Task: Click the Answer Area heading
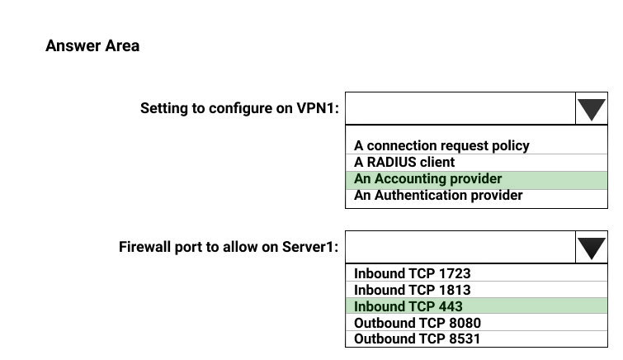(x=92, y=45)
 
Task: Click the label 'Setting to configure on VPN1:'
(x=239, y=108)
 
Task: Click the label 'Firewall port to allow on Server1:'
(x=229, y=247)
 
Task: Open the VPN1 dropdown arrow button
(x=591, y=109)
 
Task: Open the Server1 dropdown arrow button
(x=591, y=247)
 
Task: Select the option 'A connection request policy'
(x=441, y=145)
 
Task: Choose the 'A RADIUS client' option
(x=404, y=163)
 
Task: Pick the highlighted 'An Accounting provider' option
(x=476, y=180)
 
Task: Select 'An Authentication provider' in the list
(x=438, y=196)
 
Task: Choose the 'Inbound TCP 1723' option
(x=412, y=273)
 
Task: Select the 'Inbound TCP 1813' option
(x=412, y=290)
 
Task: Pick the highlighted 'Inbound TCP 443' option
(x=476, y=306)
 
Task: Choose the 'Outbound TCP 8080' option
(x=418, y=323)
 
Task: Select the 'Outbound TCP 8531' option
(x=417, y=339)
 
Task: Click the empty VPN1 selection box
(x=460, y=109)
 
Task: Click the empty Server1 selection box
(x=460, y=247)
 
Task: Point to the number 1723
(x=455, y=273)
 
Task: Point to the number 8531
(x=465, y=339)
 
